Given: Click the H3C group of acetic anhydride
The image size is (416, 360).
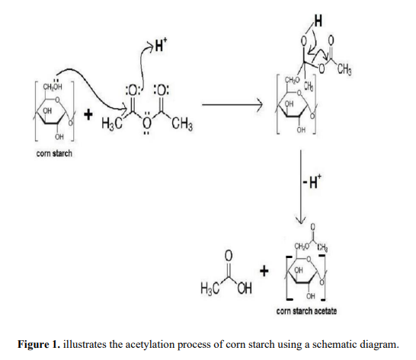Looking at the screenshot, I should [112, 125].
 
